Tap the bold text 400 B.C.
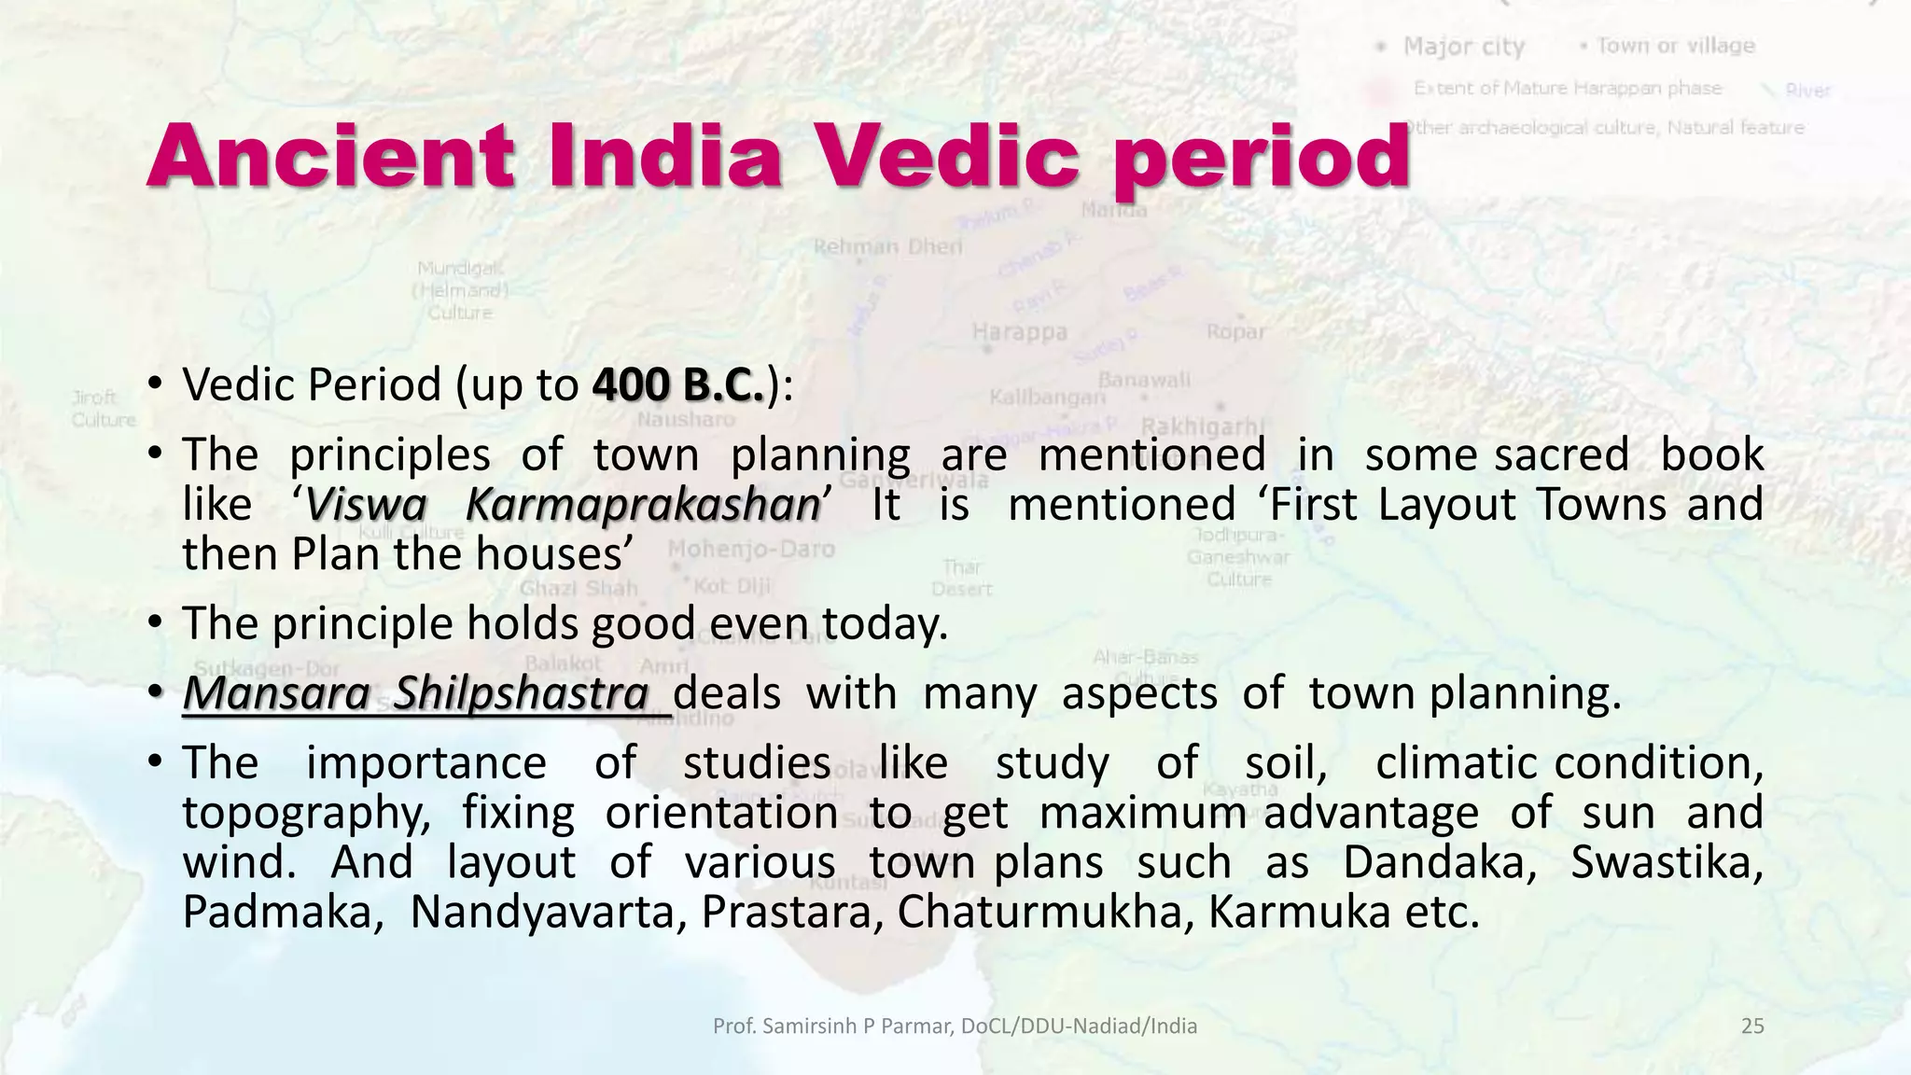click(678, 384)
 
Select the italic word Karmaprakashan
click(642, 505)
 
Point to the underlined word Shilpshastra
click(521, 693)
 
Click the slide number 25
click(1752, 1026)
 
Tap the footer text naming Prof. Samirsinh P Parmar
click(955, 1026)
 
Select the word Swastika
click(1666, 862)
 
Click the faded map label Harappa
click(1019, 332)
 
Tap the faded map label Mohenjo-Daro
click(751, 549)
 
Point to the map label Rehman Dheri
click(887, 246)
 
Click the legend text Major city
click(1463, 47)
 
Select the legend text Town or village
click(1675, 46)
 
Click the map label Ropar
click(1235, 331)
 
